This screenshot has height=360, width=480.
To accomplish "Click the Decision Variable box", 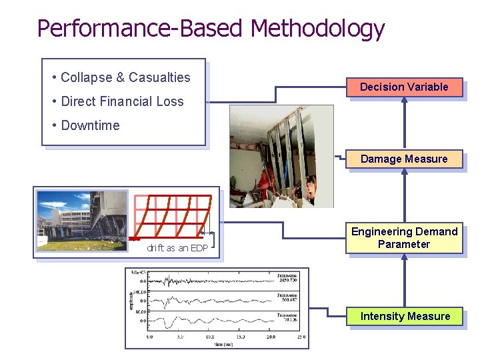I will [404, 87].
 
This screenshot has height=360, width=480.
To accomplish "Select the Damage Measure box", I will [404, 159].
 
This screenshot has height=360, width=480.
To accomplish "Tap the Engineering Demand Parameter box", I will [404, 238].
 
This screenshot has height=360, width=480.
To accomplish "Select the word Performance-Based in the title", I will [141, 28].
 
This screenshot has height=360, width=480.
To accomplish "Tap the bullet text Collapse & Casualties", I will [125, 77].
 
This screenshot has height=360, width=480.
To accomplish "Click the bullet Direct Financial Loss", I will [121, 101].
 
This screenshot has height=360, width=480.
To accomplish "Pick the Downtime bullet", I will [90, 125].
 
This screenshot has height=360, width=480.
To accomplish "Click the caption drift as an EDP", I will [177, 249].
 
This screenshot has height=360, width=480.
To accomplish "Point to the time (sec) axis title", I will [223, 344].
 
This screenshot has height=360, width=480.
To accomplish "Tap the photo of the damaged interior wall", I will [281, 155].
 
